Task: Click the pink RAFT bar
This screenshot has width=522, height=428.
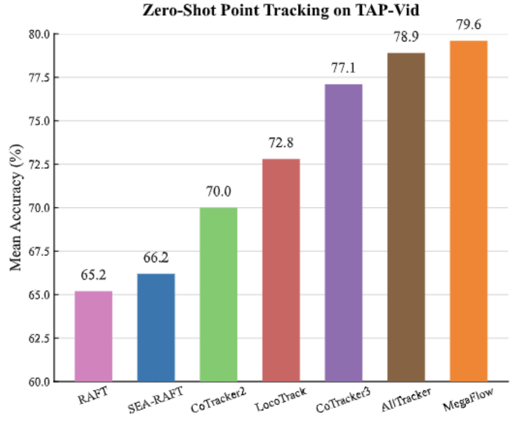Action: (93, 336)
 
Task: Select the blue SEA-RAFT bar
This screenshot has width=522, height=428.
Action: (156, 327)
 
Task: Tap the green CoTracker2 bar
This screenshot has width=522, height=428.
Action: (218, 294)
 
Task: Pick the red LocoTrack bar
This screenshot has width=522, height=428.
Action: (281, 270)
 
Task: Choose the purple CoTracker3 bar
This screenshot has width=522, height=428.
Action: (343, 232)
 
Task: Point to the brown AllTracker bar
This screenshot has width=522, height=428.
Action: (406, 217)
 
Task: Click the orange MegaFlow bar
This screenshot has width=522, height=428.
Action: (468, 211)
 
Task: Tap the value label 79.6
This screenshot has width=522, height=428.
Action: (468, 25)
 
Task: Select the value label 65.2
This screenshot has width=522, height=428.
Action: (93, 275)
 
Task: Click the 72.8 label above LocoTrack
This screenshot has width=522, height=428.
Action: (281, 143)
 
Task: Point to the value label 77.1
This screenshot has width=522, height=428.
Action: (343, 68)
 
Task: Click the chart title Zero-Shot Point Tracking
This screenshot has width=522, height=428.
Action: (281, 10)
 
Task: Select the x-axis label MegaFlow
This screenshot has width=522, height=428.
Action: (468, 398)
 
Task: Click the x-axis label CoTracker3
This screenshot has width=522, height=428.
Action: (343, 400)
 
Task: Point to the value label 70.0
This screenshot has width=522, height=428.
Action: (218, 192)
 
